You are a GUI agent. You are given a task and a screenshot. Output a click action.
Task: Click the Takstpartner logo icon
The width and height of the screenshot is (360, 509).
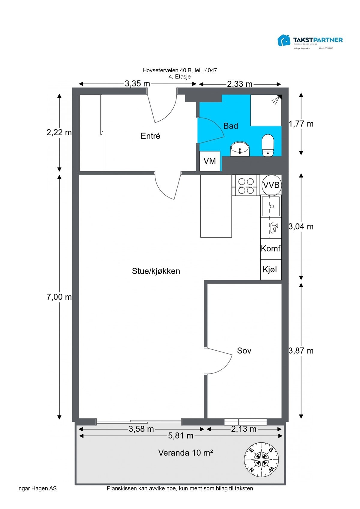pos(284,40)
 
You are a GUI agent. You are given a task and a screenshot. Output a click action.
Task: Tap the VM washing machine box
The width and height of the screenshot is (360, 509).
pos(210,161)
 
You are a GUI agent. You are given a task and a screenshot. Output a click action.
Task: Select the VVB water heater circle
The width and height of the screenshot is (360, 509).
pos(271,185)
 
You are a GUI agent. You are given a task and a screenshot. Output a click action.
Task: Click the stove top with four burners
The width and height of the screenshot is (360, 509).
pos(246,186)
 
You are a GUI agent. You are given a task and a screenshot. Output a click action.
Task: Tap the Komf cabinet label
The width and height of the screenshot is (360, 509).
pos(271,249)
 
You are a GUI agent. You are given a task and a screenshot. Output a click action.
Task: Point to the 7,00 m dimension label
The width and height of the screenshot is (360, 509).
pos(59,297)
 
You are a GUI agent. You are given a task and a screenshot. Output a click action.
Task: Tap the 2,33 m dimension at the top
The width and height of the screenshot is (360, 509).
pos(240,84)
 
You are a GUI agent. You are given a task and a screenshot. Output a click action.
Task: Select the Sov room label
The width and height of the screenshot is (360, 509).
pos(244,351)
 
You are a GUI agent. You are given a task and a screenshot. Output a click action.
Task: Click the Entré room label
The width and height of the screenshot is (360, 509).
pos(150,136)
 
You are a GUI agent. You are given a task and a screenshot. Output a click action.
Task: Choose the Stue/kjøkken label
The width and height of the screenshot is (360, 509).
pos(156,271)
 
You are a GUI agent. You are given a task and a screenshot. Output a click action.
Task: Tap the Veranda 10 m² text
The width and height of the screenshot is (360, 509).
pos(185,453)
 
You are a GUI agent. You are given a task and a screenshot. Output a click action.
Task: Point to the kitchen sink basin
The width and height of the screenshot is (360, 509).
pos(271,206)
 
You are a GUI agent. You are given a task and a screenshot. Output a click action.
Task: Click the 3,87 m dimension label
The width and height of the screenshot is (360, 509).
pos(301,351)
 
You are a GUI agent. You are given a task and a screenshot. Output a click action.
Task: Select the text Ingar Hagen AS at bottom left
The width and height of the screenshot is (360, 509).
pos(37,489)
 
